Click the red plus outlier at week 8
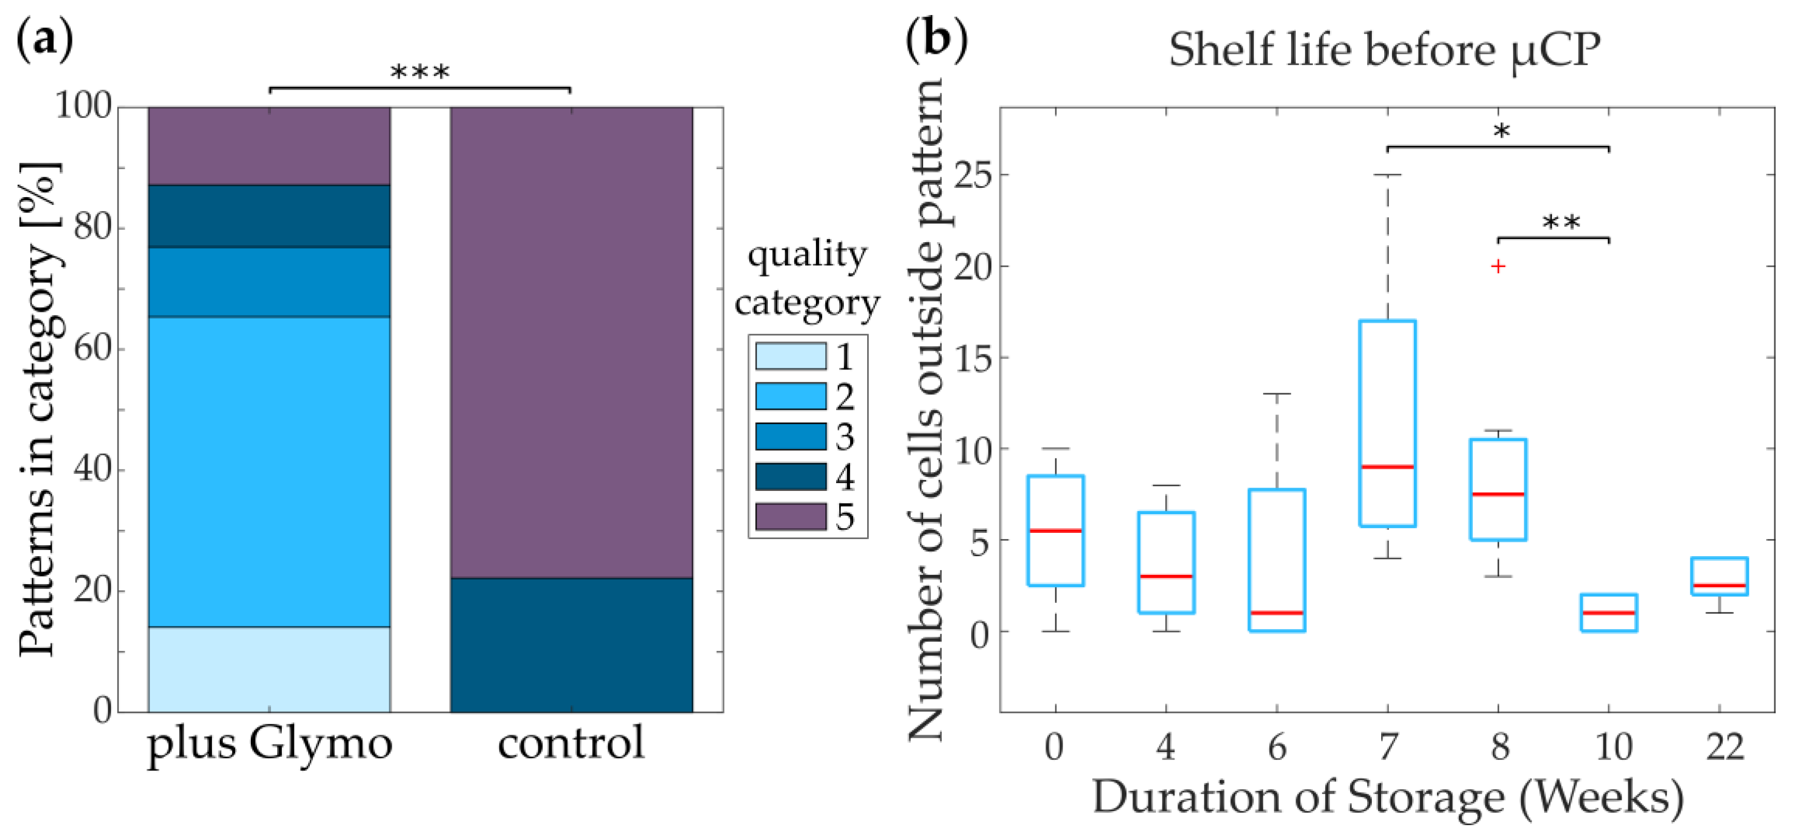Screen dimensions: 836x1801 [x=1497, y=266]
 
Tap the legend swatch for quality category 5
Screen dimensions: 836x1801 [x=790, y=517]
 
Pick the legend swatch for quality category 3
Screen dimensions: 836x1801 [x=790, y=437]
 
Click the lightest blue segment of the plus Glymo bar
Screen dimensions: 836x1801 [x=269, y=669]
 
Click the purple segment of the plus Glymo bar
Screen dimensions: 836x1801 [x=269, y=145]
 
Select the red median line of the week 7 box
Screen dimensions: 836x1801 [x=1387, y=467]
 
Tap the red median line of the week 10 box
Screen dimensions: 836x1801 [x=1609, y=613]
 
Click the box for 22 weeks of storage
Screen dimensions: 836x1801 [x=1719, y=576]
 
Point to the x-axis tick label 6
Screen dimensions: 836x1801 [x=1277, y=747]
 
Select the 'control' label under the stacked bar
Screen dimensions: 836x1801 [x=571, y=743]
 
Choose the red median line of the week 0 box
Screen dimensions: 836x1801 [x=1055, y=531]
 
